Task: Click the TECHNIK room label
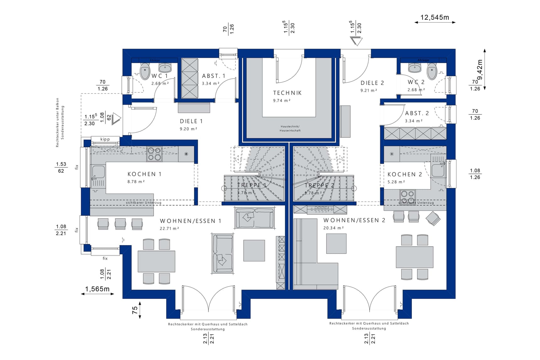[287, 93]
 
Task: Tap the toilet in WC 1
[145, 71]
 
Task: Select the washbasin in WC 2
[415, 67]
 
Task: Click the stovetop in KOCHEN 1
[154, 154]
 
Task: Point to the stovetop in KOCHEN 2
[408, 197]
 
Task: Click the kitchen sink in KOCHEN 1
[98, 172]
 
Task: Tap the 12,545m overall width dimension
[435, 18]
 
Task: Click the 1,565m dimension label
[97, 289]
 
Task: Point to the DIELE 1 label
[191, 121]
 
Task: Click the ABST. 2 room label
[417, 113]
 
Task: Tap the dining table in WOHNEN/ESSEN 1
[156, 261]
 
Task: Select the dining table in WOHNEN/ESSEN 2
[414, 257]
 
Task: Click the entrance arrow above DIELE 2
[356, 41]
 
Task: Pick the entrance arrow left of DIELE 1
[116, 119]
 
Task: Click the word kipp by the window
[105, 139]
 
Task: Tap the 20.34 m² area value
[333, 228]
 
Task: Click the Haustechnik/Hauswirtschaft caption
[290, 128]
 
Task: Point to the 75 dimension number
[135, 310]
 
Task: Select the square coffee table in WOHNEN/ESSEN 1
[254, 250]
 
